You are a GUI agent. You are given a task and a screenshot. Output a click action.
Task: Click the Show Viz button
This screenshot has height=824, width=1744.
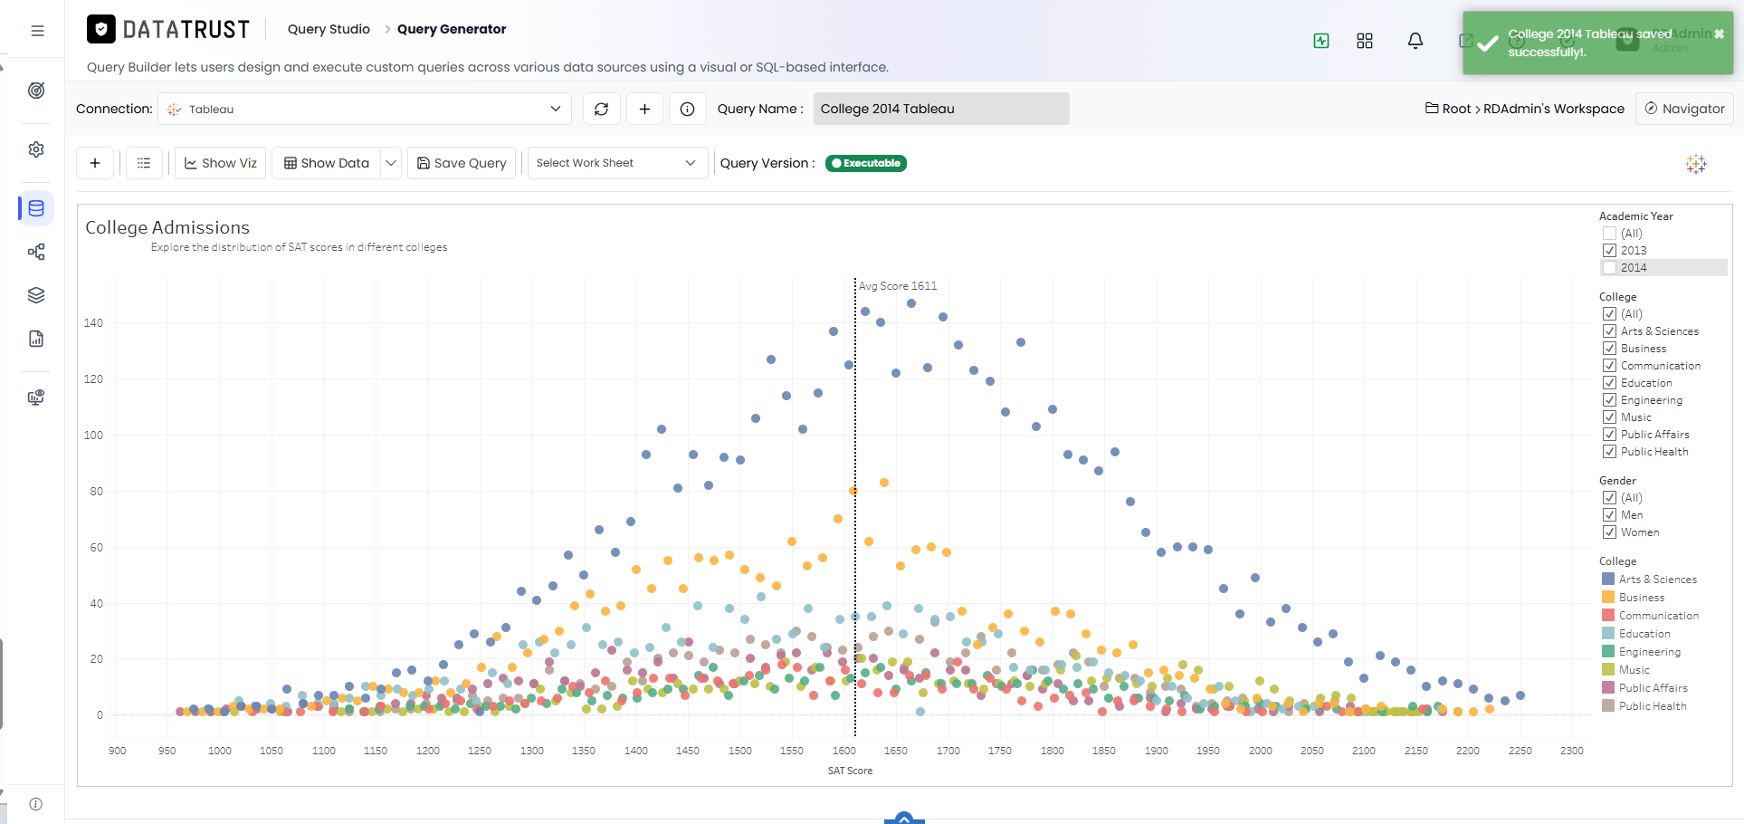220,163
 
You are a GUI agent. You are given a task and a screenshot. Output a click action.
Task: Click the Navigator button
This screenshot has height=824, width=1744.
1684,109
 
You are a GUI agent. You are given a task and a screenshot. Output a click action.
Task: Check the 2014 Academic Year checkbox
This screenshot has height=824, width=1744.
1609,268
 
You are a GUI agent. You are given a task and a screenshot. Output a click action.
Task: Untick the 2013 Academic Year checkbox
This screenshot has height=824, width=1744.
1609,251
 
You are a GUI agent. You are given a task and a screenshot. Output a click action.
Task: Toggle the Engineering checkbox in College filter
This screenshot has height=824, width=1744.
1609,400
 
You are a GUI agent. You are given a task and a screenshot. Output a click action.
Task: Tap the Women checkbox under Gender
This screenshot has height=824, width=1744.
1609,532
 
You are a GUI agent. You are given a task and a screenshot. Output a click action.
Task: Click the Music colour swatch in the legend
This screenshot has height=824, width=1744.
1608,669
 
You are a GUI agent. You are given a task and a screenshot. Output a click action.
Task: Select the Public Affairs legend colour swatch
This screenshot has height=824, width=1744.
1608,687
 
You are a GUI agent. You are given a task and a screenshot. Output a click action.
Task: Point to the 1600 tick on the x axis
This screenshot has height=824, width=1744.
844,751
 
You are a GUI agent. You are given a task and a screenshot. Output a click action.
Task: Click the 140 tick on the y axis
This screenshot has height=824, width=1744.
93,323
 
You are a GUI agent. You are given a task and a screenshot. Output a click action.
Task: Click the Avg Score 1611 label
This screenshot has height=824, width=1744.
898,286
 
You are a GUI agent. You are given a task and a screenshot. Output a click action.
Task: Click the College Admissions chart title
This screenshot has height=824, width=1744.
167,227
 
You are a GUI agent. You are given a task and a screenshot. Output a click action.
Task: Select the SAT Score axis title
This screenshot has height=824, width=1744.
850,771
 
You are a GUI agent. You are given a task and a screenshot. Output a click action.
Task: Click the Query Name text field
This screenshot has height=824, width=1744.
941,109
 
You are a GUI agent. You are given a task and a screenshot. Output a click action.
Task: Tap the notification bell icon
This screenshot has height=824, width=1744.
1415,41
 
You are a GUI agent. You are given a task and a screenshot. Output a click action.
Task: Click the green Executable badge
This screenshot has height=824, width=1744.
866,164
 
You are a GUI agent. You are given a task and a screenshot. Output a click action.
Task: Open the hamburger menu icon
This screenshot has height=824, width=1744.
37,31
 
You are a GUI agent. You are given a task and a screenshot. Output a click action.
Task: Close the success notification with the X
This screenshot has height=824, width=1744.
1719,34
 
